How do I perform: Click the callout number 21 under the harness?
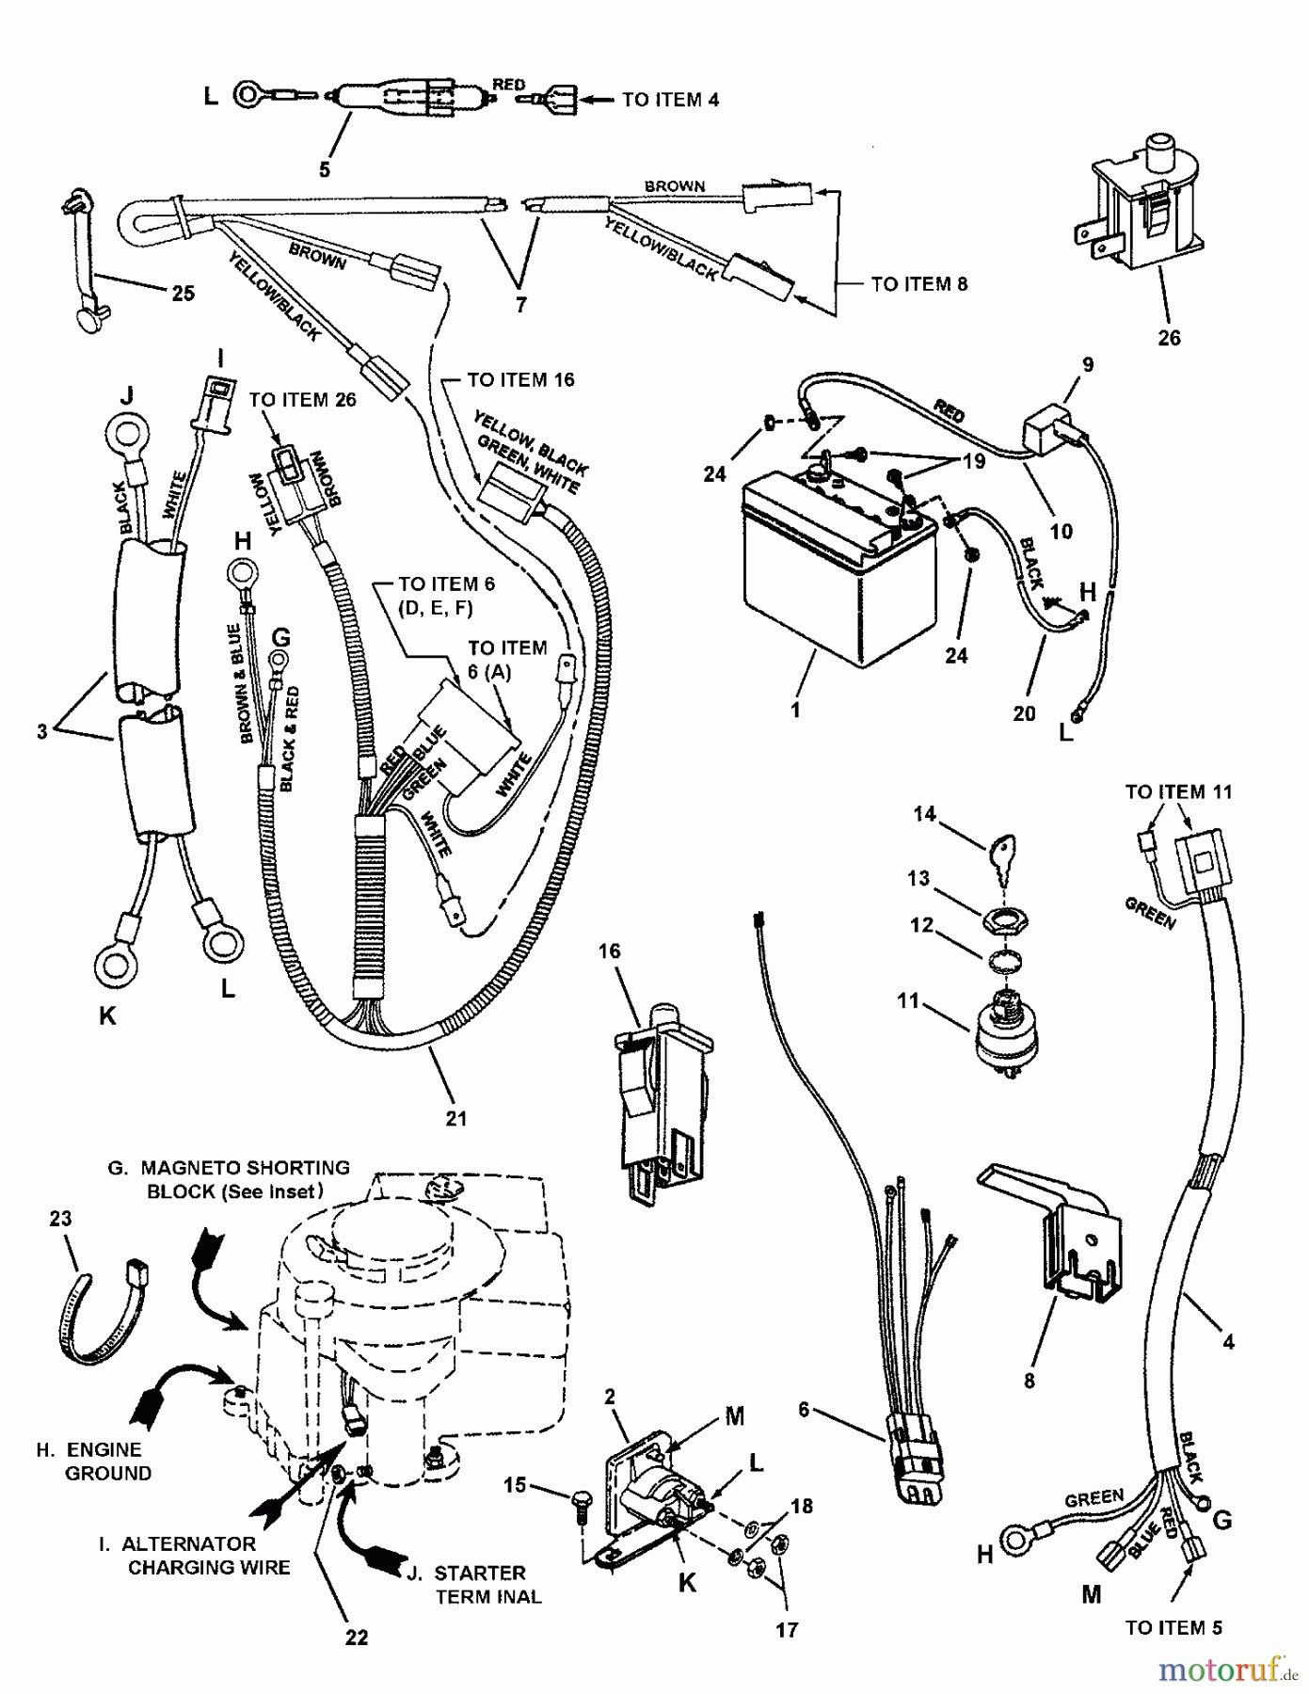457,1118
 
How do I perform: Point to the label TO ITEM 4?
670,99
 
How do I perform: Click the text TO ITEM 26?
302,400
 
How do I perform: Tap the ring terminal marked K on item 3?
114,964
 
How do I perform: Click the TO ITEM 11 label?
1177,792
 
